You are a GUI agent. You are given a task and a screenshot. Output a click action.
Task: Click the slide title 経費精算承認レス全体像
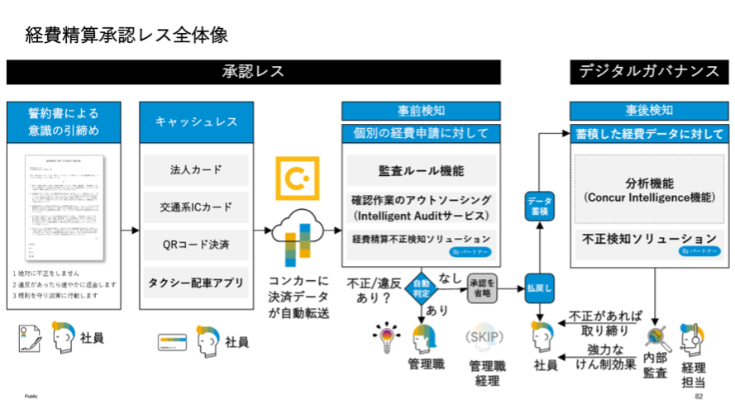click(126, 35)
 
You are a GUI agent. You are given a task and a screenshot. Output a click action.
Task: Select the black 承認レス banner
click(254, 72)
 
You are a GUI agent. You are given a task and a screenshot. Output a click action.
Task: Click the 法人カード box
click(196, 170)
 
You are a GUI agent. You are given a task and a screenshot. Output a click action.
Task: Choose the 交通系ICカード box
click(196, 207)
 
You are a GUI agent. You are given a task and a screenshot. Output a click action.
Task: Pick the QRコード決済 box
click(196, 244)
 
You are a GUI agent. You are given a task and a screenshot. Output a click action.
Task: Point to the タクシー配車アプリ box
click(196, 282)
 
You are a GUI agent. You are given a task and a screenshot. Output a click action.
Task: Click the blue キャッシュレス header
click(196, 121)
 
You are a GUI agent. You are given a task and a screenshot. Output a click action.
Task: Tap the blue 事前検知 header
click(419, 111)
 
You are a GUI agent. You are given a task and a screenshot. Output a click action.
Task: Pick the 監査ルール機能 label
click(420, 171)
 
